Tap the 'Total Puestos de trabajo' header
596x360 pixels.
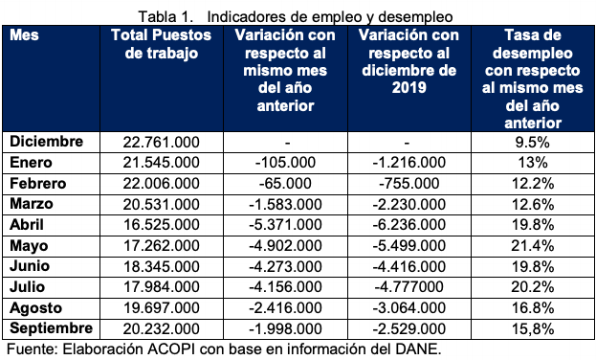162,44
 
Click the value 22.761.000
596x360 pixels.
162,141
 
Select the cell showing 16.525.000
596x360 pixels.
162,223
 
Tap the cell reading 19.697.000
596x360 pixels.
162,306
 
